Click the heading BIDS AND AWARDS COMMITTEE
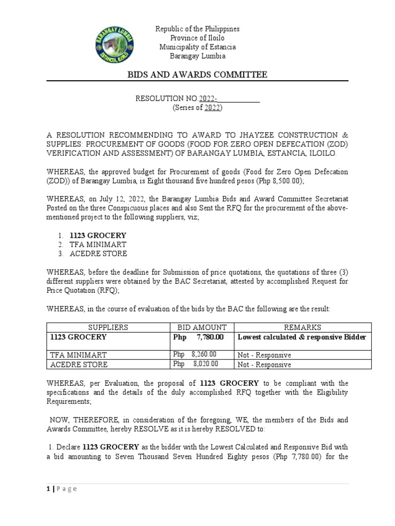197,75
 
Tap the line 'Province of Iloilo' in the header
197,38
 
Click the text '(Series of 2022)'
197,108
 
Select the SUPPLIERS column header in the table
108,327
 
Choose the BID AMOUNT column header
202,327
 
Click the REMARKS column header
302,327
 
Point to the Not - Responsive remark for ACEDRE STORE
264,364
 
